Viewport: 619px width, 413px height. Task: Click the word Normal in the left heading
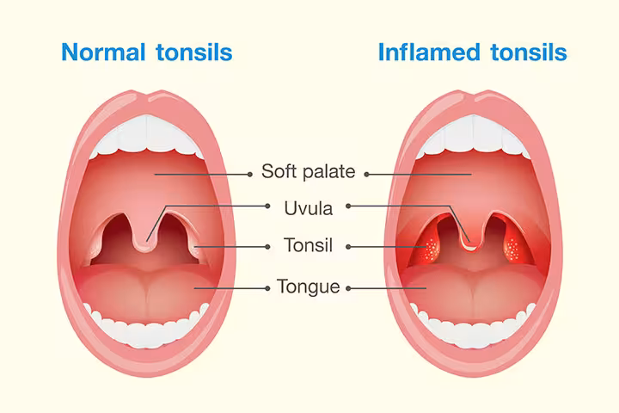(103, 52)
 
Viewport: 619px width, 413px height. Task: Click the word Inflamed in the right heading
(429, 52)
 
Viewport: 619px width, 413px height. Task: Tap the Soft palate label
(308, 171)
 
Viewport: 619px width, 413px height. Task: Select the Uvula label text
(309, 208)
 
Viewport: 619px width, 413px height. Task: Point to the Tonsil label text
(309, 245)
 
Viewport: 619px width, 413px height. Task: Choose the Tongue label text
(309, 287)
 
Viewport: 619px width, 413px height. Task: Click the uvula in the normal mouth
(145, 233)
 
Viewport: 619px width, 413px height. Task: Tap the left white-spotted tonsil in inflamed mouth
(431, 249)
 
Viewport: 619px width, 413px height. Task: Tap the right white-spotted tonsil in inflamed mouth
(512, 249)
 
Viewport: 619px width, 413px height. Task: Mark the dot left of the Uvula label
(267, 206)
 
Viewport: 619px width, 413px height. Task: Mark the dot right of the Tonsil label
(348, 247)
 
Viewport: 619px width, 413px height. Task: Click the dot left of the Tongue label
(267, 288)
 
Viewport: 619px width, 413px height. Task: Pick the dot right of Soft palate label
(366, 175)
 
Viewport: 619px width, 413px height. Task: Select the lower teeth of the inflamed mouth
(472, 328)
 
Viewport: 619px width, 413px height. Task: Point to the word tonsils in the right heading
(529, 52)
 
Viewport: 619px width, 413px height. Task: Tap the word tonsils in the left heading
(194, 52)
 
